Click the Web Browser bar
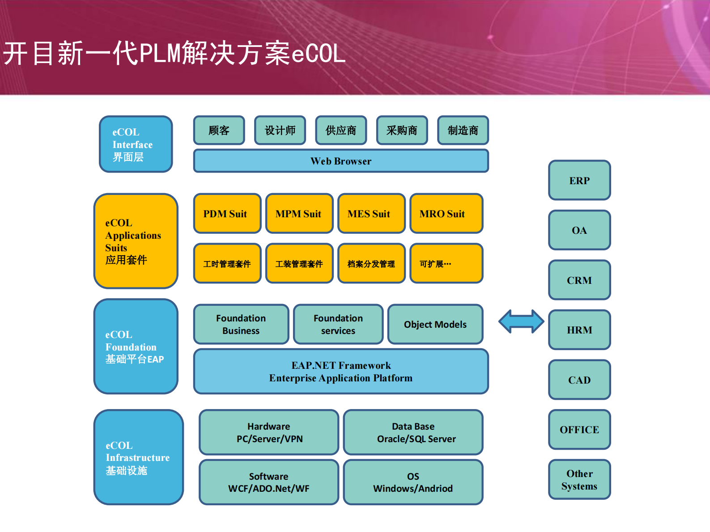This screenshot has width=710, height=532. click(341, 160)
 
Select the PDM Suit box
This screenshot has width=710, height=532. click(227, 213)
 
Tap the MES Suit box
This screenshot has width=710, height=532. click(371, 213)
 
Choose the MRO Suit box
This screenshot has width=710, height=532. click(446, 213)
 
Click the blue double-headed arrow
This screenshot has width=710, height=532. click(521, 321)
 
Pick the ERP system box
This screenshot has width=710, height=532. click(579, 180)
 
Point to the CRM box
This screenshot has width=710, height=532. click(579, 280)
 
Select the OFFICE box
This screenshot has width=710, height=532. click(579, 429)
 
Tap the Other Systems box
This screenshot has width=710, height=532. click(579, 479)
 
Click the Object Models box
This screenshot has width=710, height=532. click(435, 324)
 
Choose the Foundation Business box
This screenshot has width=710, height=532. click(241, 324)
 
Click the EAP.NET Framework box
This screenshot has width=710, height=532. click(341, 371)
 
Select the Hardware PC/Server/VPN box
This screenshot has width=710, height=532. click(269, 432)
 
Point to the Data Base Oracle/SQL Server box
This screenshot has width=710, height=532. click(413, 432)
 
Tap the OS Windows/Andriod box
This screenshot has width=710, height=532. click(413, 482)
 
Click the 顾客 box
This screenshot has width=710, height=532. click(219, 130)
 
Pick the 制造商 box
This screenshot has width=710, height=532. click(463, 130)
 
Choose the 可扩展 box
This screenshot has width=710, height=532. click(446, 263)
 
